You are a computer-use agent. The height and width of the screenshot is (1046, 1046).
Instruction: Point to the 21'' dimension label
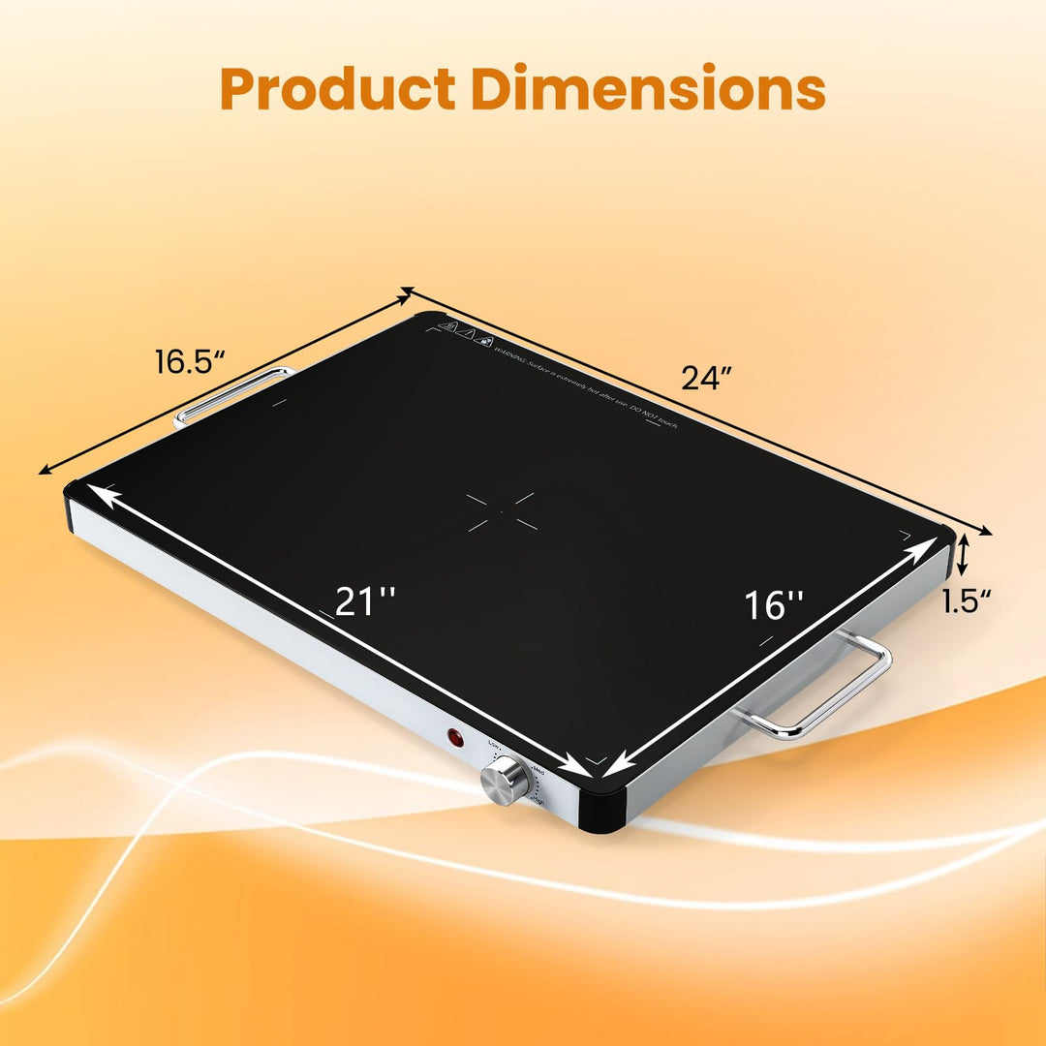click(x=365, y=601)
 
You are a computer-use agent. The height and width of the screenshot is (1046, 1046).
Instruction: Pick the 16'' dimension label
click(x=774, y=605)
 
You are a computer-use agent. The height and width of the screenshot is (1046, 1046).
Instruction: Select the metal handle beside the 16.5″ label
click(x=233, y=394)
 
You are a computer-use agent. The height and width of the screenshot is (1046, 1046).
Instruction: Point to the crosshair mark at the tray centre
click(x=501, y=510)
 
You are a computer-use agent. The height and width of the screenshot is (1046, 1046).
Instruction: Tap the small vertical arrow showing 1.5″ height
click(x=963, y=557)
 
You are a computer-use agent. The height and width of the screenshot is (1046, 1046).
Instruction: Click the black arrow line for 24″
click(x=697, y=411)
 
